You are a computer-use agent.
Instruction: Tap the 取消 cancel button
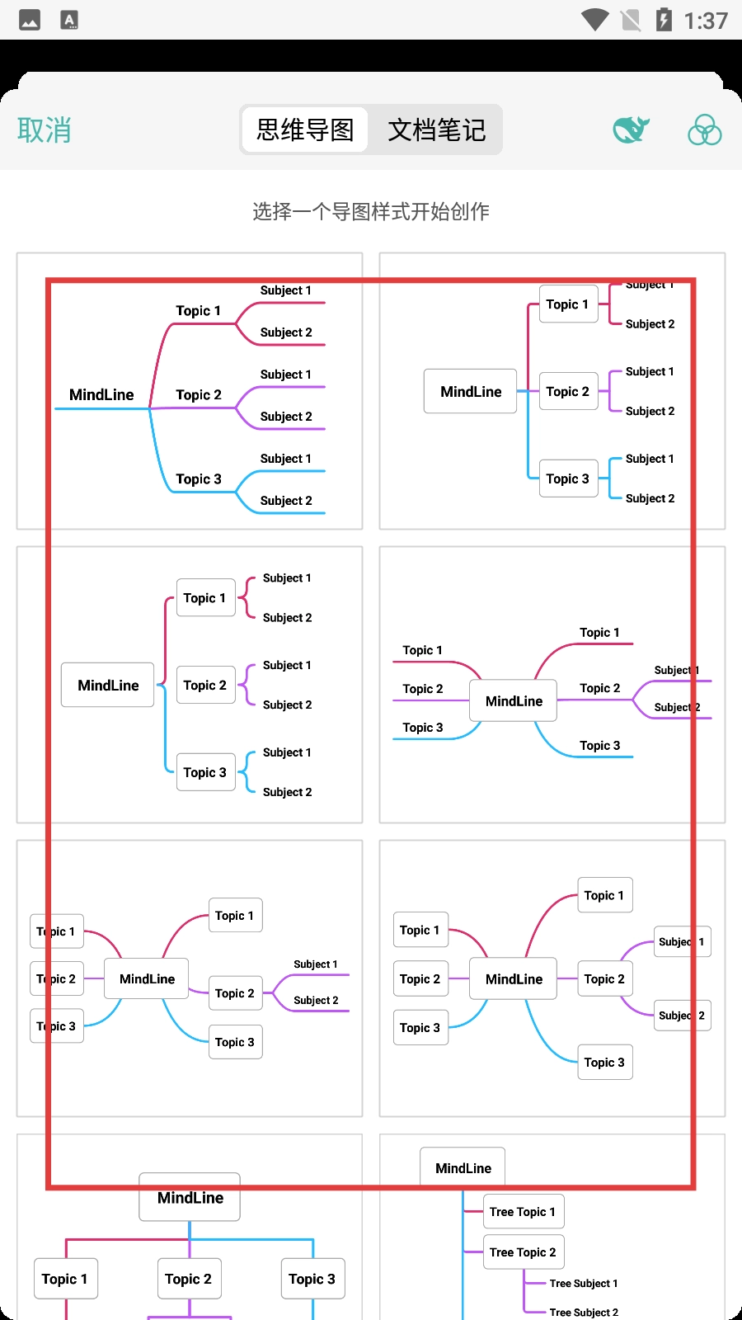(45, 130)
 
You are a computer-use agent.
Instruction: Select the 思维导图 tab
(305, 130)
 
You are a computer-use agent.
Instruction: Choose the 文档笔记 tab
(436, 130)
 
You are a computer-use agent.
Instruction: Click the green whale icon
(631, 129)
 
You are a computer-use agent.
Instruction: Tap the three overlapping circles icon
(705, 130)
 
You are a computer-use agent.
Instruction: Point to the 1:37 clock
(706, 21)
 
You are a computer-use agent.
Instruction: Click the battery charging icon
(664, 20)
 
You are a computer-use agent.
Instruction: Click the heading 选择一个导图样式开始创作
(371, 212)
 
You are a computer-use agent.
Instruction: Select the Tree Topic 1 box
(523, 1212)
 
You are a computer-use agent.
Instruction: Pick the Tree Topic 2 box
(523, 1252)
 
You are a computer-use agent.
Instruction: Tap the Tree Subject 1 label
(584, 1284)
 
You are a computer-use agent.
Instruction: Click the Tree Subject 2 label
(584, 1313)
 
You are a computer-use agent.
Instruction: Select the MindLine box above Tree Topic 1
(463, 1167)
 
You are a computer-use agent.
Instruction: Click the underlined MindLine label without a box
(101, 395)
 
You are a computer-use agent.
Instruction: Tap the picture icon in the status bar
(30, 21)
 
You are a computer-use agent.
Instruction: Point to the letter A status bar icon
(70, 21)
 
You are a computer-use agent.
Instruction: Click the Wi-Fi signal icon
(594, 20)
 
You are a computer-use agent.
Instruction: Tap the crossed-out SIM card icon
(631, 20)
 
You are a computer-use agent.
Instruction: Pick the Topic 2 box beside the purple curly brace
(205, 686)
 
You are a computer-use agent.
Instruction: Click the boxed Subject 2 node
(683, 1016)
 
